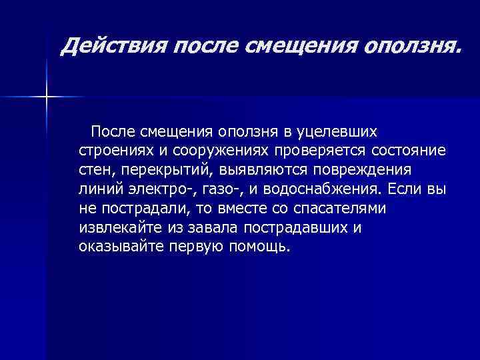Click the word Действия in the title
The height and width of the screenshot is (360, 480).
coord(111,47)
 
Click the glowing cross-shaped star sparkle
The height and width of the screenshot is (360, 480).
coord(47,97)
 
